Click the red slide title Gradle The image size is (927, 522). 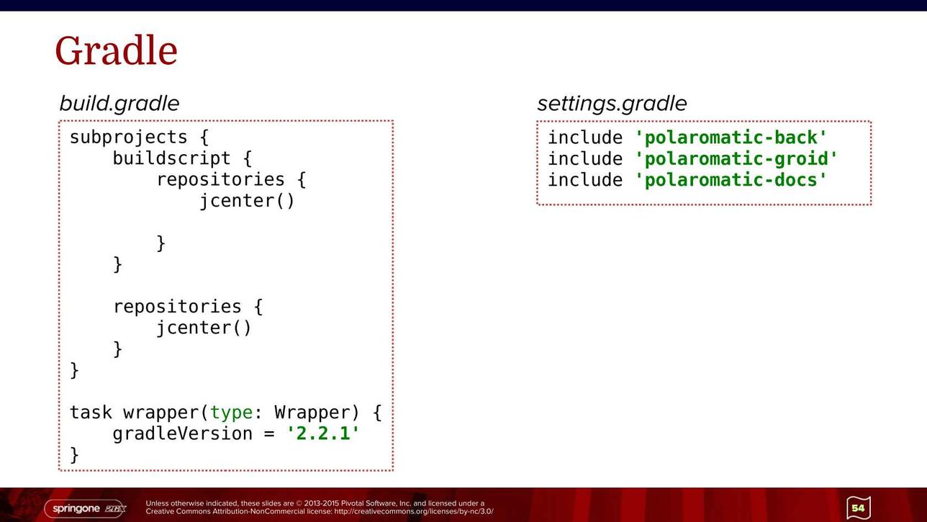117,50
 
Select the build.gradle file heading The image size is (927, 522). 119,104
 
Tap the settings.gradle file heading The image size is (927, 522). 612,104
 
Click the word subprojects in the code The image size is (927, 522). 128,138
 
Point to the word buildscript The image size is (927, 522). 171,158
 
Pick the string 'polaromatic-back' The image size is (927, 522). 731,138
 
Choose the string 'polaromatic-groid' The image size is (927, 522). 736,158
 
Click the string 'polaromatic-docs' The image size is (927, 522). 731,180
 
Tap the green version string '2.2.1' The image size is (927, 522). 322,433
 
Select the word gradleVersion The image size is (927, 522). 183,434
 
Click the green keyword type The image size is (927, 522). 231,413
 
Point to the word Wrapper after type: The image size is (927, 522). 312,413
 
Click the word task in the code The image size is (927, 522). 91,413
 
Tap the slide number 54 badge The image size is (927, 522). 859,508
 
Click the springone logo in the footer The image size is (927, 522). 85,509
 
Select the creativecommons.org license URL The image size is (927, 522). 414,512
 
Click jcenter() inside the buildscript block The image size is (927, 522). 247,201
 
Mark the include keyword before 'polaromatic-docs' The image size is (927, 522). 585,180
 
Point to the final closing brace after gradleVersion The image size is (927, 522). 75,455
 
